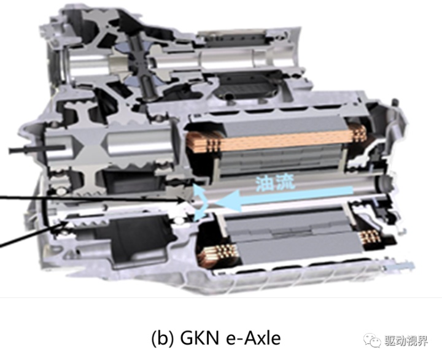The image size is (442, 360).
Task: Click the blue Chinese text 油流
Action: pyautogui.click(x=275, y=183)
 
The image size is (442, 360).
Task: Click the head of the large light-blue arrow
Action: pyautogui.click(x=228, y=201)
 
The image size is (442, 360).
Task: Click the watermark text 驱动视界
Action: pyautogui.click(x=406, y=341)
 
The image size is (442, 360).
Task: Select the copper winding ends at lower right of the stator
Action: pyautogui.click(x=371, y=236)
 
